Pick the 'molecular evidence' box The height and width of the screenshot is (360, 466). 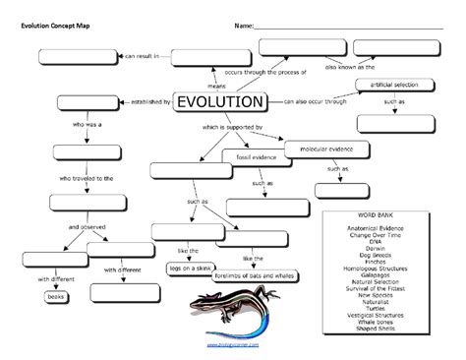[319, 149]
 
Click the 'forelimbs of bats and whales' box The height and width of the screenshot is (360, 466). [254, 277]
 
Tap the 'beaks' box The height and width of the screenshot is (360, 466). [56, 295]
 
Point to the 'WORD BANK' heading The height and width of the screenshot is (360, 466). [381, 213]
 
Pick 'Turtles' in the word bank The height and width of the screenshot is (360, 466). [381, 308]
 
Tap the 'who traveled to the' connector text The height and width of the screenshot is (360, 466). [87, 179]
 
